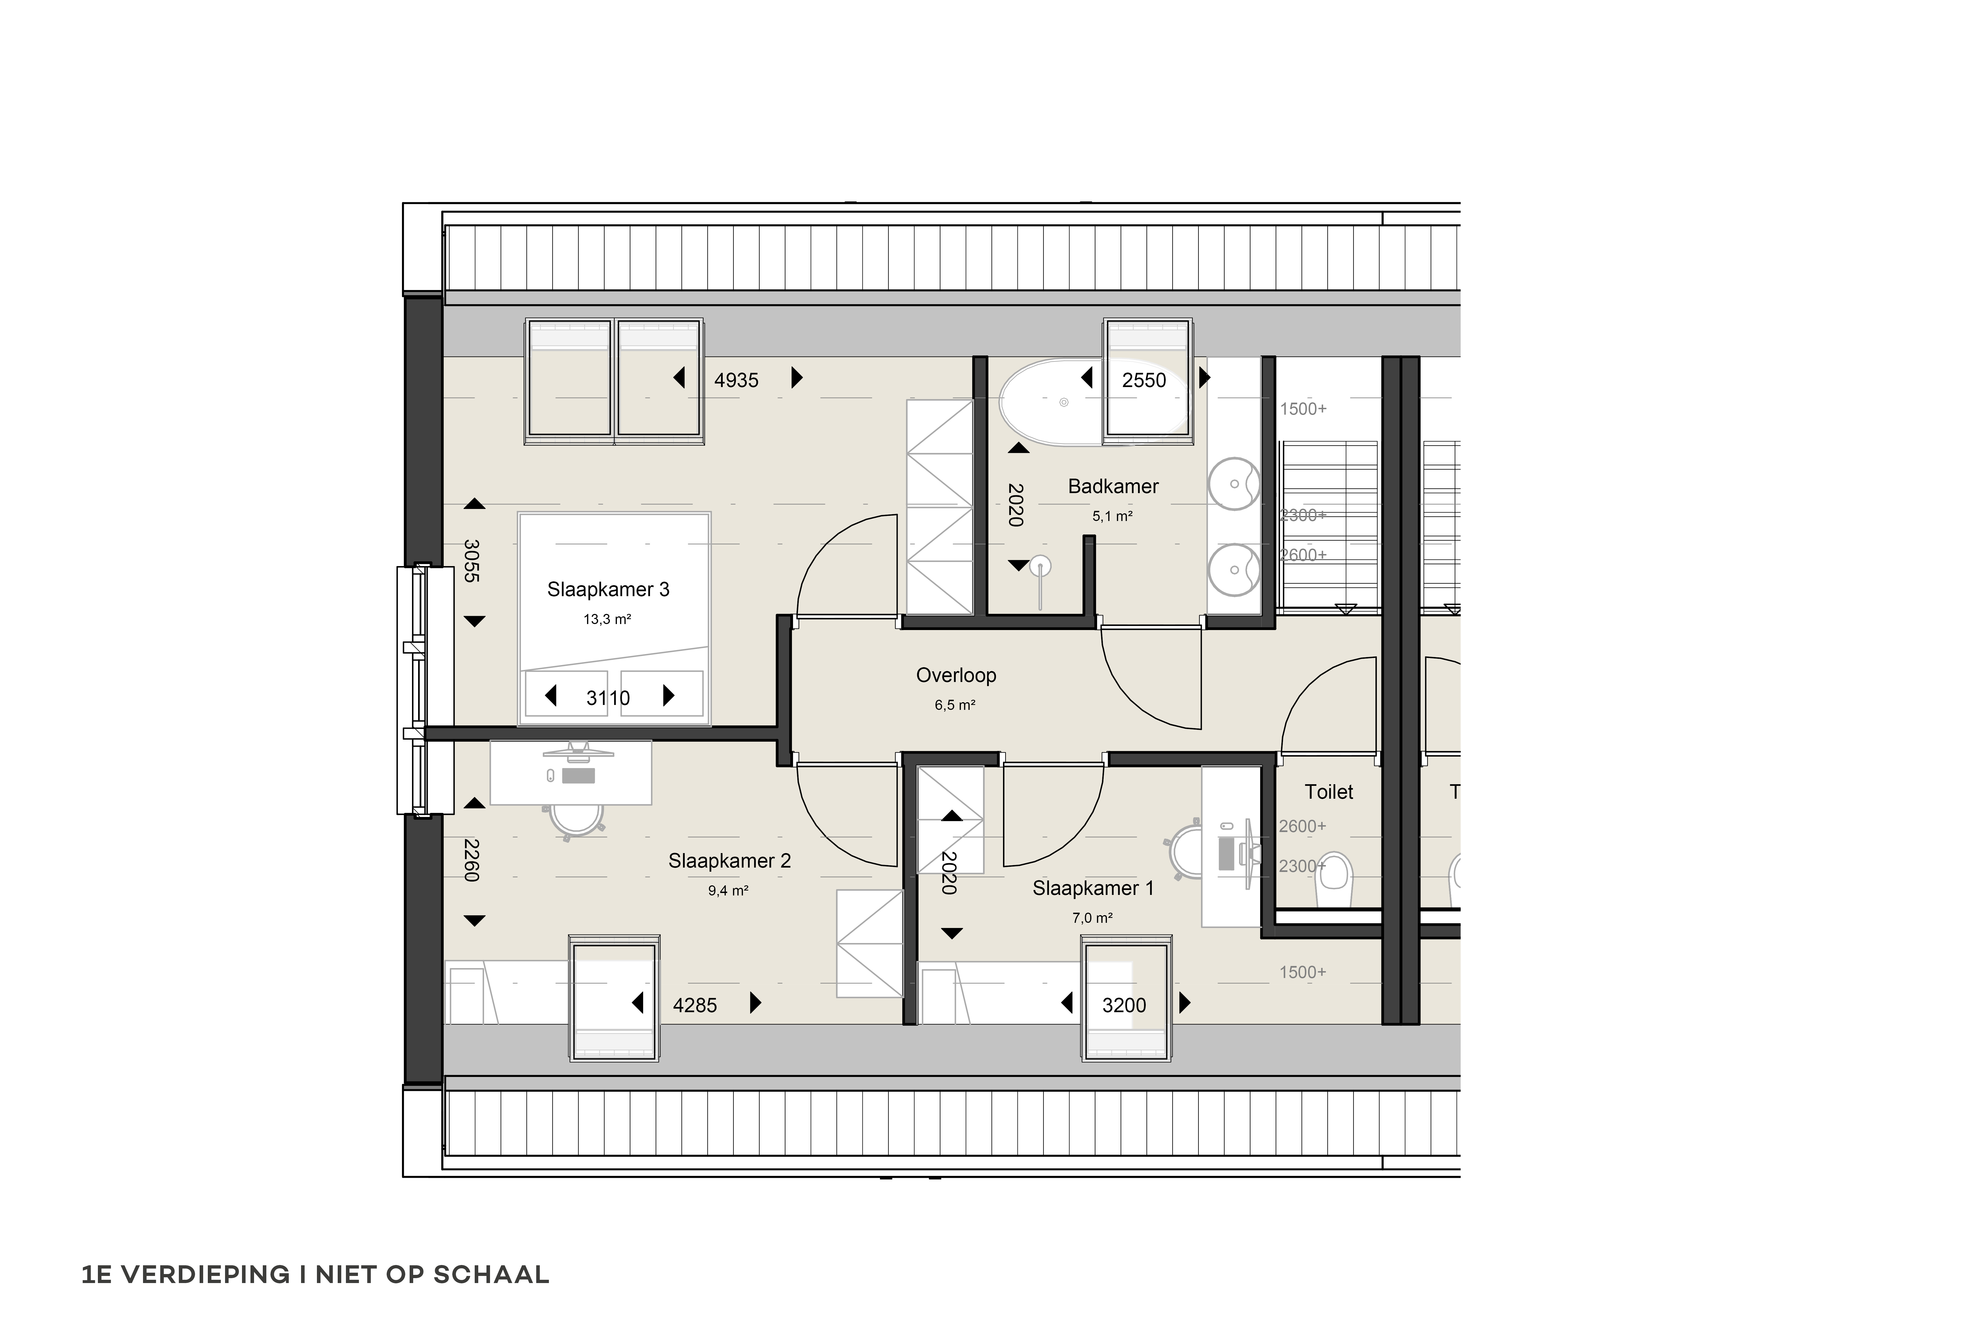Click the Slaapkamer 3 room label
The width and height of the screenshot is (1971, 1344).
click(x=608, y=589)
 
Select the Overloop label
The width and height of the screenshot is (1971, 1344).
click(x=956, y=675)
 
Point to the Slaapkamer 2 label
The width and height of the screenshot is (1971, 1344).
click(x=729, y=861)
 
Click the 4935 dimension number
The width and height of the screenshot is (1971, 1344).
click(x=736, y=380)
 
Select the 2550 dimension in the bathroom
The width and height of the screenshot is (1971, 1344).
click(x=1144, y=380)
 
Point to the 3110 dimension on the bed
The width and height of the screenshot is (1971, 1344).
click(x=608, y=698)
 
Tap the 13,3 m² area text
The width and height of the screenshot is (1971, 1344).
click(x=607, y=619)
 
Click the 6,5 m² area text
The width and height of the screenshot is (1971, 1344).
click(x=955, y=705)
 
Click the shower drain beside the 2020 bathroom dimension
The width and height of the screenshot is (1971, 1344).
click(x=1041, y=566)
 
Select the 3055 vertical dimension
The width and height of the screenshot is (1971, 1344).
click(x=471, y=561)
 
